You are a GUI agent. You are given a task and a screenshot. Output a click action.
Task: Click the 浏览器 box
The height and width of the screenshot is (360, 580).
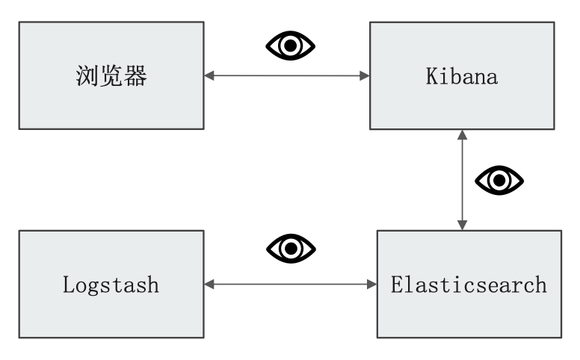[111, 75]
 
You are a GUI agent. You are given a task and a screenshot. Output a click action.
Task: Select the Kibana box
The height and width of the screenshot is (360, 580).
[462, 75]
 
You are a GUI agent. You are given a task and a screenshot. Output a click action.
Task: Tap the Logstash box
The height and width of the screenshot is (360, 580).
[111, 285]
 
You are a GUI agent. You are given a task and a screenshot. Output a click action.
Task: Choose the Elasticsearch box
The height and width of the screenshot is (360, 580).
[469, 285]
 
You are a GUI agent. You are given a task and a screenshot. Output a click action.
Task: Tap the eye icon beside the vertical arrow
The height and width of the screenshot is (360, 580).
[499, 180]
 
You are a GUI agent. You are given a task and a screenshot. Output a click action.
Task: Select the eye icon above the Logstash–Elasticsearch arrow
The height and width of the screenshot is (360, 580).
[291, 248]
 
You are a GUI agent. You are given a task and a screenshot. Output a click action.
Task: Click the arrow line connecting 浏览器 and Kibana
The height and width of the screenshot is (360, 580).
[287, 75]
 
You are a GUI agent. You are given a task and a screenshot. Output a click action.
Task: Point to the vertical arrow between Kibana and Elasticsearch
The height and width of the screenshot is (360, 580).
[463, 180]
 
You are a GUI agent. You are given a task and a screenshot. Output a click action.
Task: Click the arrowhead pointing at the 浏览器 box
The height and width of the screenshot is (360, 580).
[209, 75]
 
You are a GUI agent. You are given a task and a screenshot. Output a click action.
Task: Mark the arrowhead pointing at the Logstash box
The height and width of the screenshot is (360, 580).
[209, 285]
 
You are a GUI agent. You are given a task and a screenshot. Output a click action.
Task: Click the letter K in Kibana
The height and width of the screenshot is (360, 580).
[431, 77]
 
